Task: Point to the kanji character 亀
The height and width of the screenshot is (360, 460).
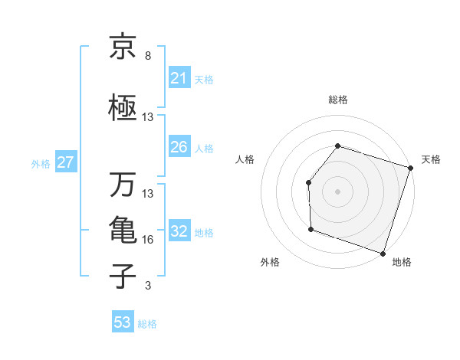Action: point(123,230)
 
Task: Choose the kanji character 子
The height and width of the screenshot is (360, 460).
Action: point(123,276)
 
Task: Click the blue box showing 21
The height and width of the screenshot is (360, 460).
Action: point(179,78)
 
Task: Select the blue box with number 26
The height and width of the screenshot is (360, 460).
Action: point(179,147)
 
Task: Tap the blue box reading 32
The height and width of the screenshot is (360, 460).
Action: point(179,232)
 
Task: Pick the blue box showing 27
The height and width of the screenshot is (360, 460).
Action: point(65,162)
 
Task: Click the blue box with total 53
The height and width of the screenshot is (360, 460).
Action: point(123,322)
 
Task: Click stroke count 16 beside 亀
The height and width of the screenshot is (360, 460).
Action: point(148,240)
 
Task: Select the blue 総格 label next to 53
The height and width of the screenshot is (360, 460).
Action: point(147,324)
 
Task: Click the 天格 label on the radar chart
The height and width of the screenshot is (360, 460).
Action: point(431,159)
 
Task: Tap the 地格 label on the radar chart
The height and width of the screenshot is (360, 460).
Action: point(402,262)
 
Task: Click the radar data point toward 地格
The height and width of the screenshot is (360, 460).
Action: point(383,253)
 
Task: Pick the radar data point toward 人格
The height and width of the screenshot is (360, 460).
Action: point(308,182)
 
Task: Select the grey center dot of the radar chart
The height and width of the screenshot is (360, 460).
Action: point(337,191)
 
